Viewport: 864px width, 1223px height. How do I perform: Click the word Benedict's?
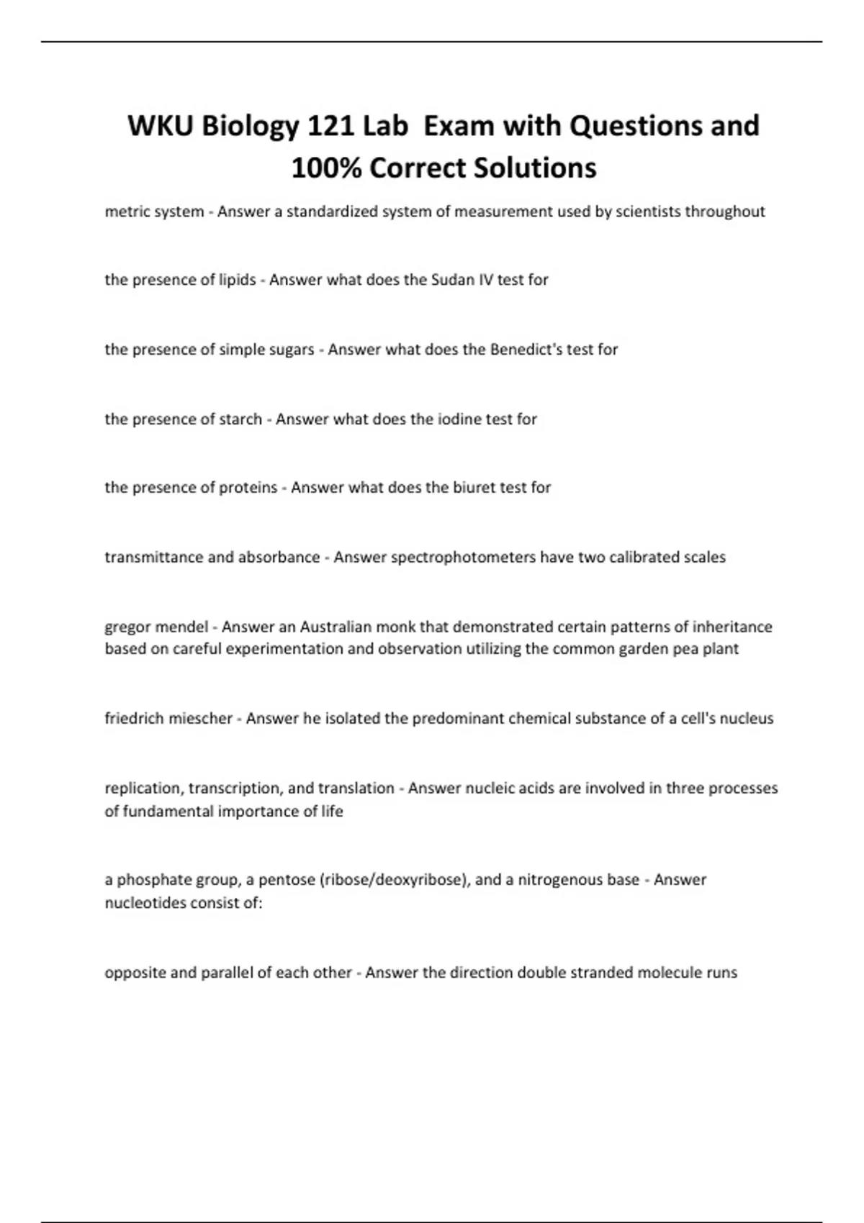coord(524,350)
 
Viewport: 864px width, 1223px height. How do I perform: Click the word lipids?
coord(237,280)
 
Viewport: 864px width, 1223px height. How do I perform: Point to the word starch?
coord(240,419)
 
